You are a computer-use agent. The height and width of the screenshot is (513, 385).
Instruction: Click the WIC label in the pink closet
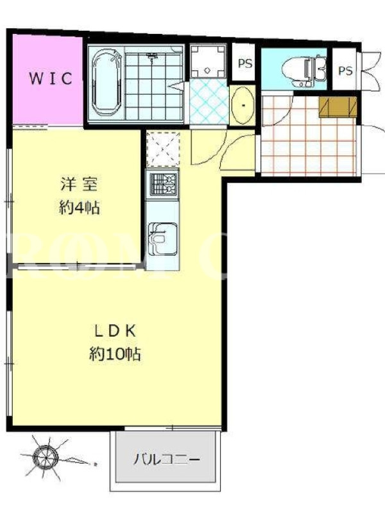coord(51,78)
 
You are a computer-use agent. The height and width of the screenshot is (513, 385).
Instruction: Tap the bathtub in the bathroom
coord(107,85)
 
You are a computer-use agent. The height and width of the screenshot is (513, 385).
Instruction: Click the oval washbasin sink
coord(243,105)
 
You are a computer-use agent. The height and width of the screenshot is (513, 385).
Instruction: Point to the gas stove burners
coord(162,184)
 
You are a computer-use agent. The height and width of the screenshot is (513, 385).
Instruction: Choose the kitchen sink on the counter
coord(162,239)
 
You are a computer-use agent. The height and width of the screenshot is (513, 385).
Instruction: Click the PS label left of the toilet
coord(245,63)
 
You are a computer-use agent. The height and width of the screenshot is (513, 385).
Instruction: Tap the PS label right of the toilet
coord(345,71)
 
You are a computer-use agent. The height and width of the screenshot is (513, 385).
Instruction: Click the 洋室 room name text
coord(78,184)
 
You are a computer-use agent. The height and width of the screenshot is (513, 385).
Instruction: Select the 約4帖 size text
coord(79,207)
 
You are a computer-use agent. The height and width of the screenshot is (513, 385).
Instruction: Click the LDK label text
coord(115,332)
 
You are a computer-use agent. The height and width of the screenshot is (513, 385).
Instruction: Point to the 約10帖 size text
coord(115,354)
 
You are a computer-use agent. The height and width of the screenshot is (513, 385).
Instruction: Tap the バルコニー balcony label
coord(166,460)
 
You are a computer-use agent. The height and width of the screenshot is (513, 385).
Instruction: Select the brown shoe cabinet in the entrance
coord(338,106)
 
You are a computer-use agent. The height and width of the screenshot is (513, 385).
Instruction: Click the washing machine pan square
coord(207,60)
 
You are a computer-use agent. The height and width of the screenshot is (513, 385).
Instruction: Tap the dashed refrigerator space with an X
coord(163,149)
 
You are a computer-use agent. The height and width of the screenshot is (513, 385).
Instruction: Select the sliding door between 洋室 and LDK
coord(77,267)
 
